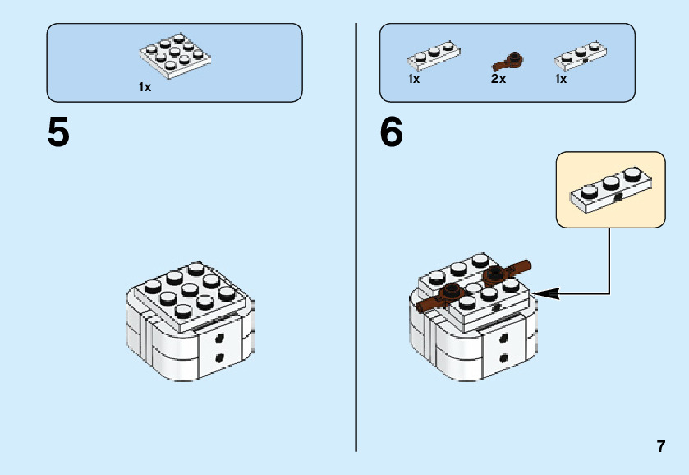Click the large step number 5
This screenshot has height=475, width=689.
(58, 132)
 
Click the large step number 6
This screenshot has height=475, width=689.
(391, 132)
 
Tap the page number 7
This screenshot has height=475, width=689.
(661, 446)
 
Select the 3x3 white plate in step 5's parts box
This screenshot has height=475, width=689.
(175, 57)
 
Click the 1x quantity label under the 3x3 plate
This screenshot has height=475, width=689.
(145, 87)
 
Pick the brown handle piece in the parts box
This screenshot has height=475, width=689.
(508, 62)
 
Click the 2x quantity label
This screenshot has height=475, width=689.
(498, 79)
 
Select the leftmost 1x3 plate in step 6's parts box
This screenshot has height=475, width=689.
(434, 56)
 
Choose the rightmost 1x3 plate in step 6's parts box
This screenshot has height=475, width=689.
(581, 56)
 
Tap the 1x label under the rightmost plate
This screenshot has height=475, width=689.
(561, 79)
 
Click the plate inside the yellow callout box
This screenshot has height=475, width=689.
(611, 191)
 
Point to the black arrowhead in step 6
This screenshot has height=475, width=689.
(547, 294)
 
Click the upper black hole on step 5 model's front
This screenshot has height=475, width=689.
(219, 338)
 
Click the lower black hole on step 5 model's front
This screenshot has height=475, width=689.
(219, 357)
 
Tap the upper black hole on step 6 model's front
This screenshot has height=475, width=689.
(503, 338)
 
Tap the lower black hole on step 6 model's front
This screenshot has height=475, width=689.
(503, 357)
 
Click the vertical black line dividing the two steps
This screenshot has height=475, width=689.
(356, 237)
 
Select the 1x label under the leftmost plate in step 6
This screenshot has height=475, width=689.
(414, 79)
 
